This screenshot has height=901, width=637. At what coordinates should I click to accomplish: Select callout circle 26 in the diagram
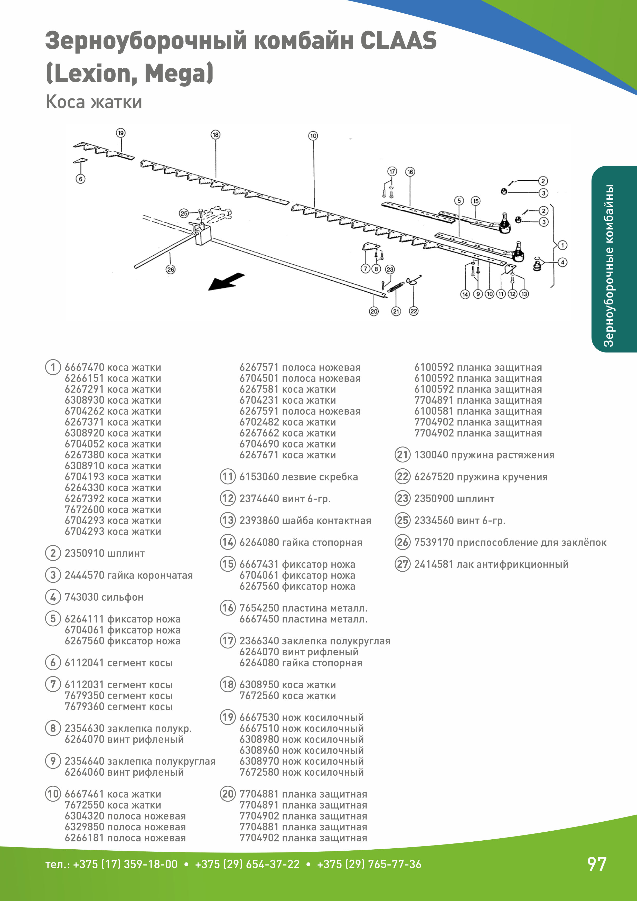(x=170, y=270)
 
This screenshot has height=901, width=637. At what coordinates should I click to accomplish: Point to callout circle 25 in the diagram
(x=184, y=213)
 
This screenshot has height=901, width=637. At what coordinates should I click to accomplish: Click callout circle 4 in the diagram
(x=563, y=262)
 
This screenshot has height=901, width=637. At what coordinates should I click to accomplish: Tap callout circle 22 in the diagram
(x=414, y=311)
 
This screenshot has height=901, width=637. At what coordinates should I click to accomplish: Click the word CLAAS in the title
(x=398, y=41)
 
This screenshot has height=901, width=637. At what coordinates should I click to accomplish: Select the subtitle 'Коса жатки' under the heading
(x=94, y=102)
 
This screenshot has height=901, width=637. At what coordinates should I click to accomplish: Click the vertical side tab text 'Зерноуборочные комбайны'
(x=609, y=266)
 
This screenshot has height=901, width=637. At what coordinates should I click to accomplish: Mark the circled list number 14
(x=228, y=542)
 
